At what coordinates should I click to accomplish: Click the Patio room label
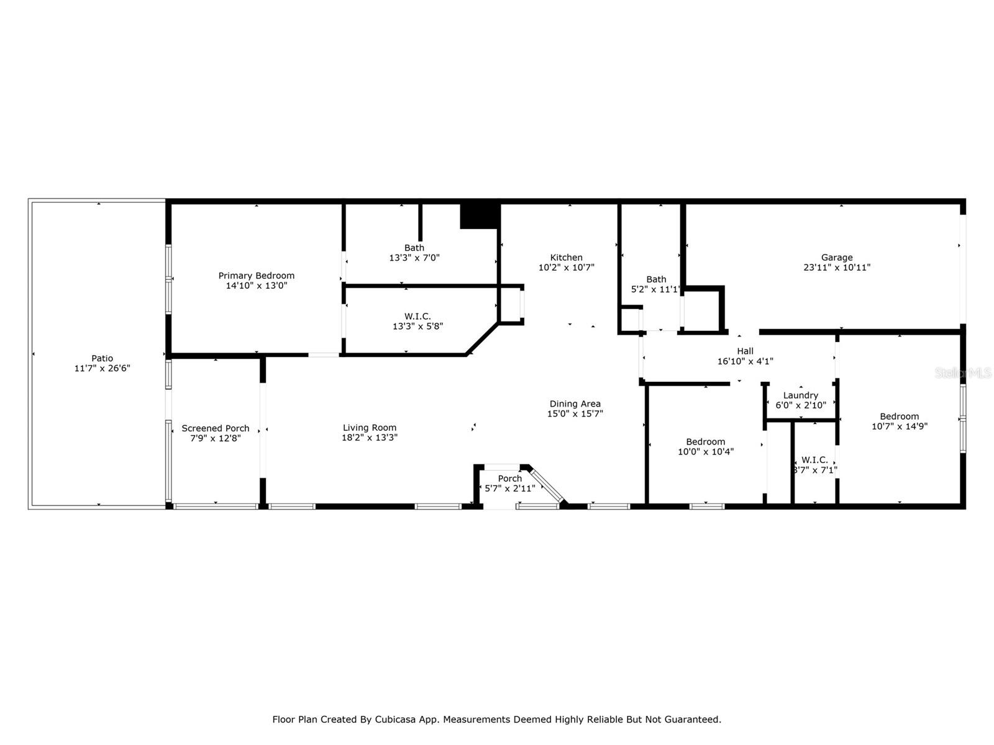click(102, 358)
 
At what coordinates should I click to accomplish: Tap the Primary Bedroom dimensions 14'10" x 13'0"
click(257, 286)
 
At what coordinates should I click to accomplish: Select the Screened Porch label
click(215, 428)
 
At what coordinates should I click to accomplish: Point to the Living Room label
click(370, 428)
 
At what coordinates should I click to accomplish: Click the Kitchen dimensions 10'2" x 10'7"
click(566, 268)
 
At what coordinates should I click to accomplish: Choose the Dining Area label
click(575, 404)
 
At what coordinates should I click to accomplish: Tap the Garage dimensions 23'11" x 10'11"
click(837, 268)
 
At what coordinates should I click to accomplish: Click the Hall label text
click(745, 351)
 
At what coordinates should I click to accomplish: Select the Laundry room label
click(801, 395)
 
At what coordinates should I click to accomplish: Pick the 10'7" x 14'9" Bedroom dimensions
click(900, 426)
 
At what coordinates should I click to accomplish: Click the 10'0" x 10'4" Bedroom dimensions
click(706, 451)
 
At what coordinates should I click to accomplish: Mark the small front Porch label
click(510, 478)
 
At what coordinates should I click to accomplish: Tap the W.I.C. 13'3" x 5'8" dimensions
click(417, 326)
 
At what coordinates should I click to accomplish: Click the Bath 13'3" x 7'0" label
click(414, 248)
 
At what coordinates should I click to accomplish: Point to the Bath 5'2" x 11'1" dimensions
click(655, 289)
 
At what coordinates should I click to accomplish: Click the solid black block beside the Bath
click(479, 216)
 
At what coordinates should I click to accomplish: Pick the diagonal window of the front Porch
click(546, 485)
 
